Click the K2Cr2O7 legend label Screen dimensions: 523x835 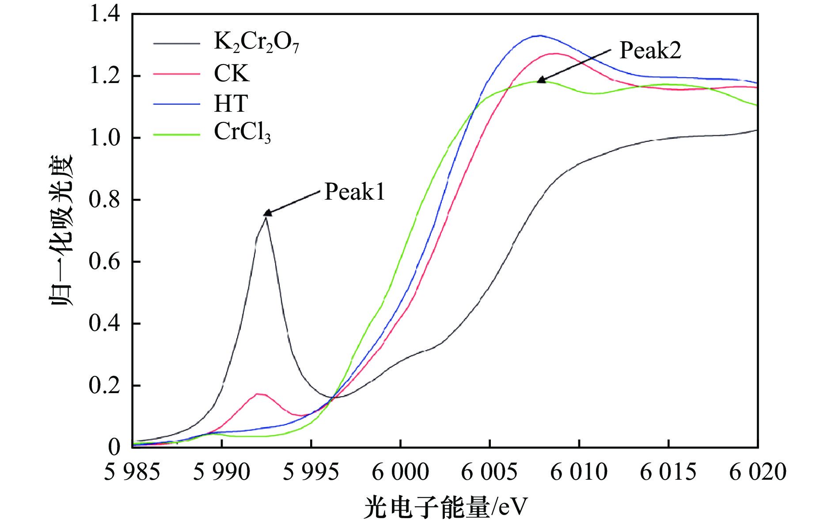pos(256,43)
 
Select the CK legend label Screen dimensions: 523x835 pos(232,73)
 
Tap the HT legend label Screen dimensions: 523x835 pos(231,104)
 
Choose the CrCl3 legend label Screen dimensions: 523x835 pos(242,132)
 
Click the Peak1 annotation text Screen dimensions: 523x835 pos(354,192)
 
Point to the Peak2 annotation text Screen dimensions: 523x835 pos(650,50)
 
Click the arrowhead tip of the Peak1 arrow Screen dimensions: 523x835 pos(264,215)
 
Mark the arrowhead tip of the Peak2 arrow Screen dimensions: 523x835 pos(538,82)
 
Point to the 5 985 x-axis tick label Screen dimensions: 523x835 pos(132,472)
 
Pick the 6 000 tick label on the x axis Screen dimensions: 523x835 pos(400,472)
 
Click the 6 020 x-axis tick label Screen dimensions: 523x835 pos(757,472)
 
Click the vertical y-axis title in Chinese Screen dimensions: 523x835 pos(61,230)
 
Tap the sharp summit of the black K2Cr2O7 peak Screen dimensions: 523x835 pos(266,218)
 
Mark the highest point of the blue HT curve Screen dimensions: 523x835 pos(539,35)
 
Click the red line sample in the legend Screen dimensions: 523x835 pos(176,74)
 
